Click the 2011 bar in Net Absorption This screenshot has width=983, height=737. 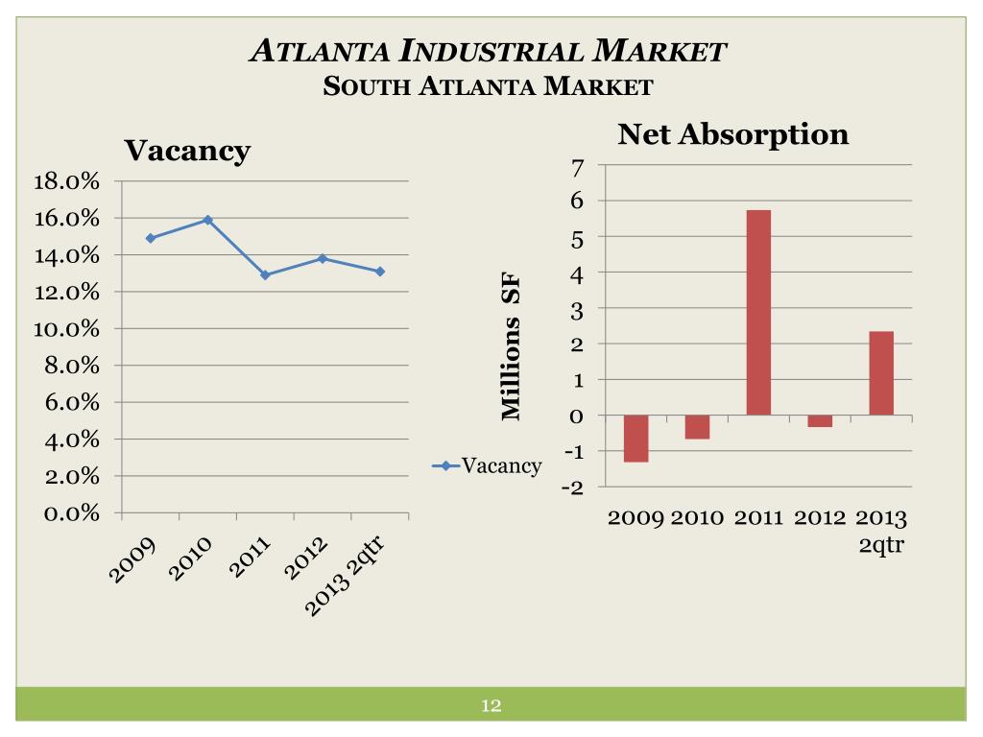coord(758,313)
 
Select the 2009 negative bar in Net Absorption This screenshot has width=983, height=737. coord(635,439)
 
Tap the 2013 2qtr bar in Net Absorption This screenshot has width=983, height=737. coord(881,373)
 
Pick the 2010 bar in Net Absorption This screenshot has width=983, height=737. coord(697,427)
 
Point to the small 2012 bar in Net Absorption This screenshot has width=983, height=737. coord(820,421)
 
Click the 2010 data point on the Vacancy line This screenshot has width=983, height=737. coord(207,220)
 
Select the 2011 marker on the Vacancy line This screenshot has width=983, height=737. coord(265,275)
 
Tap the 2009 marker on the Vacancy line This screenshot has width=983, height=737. coord(150,238)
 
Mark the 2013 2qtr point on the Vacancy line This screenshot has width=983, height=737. coord(380,272)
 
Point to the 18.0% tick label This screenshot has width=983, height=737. coord(67,181)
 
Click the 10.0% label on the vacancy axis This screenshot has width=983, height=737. coord(67,329)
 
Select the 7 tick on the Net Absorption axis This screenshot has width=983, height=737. coord(577,167)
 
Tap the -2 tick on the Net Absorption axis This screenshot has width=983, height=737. coord(572,487)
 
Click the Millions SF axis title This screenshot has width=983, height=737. coord(511,345)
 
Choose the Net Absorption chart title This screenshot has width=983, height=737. coord(733,133)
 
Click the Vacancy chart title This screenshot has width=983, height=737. coord(187,150)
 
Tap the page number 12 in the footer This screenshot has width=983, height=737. coord(491,706)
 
